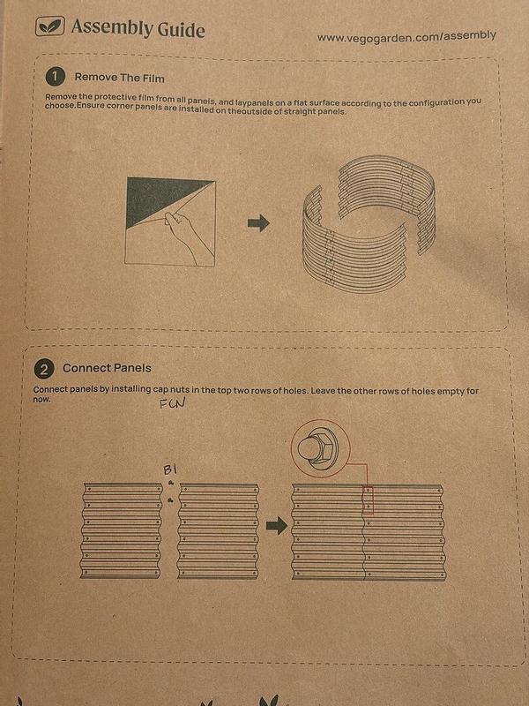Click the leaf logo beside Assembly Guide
(49, 26)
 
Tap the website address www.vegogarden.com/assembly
(406, 37)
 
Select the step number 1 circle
(55, 77)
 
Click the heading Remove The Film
(119, 78)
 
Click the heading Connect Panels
(107, 368)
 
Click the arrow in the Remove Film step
(258, 223)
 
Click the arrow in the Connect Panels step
(277, 526)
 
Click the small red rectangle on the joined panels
(369, 500)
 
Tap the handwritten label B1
(169, 469)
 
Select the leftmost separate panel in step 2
(122, 530)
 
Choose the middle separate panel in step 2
(218, 530)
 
